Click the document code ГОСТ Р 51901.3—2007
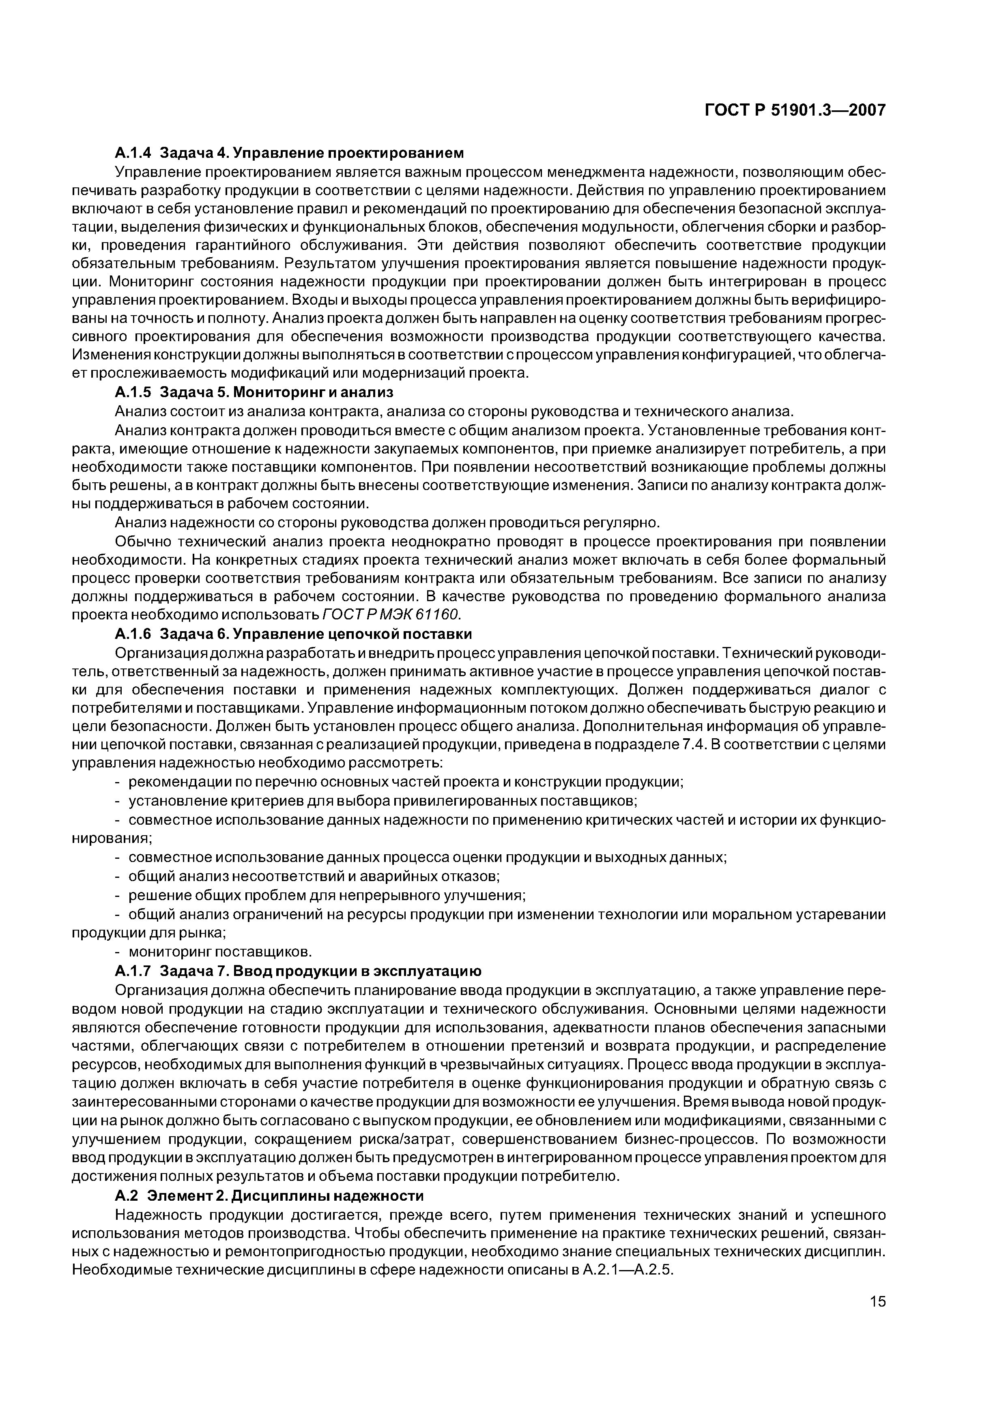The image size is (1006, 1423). pyautogui.click(x=795, y=110)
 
